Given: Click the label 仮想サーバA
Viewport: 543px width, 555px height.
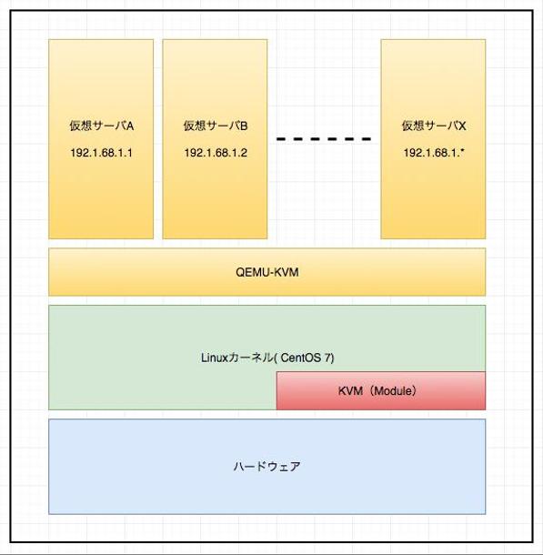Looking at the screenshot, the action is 102,126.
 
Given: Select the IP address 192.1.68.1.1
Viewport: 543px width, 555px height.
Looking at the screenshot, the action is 102,153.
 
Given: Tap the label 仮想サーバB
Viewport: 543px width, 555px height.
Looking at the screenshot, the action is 216,126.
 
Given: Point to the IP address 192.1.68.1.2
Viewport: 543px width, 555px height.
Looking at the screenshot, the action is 216,153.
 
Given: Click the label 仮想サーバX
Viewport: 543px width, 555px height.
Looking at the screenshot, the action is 434,126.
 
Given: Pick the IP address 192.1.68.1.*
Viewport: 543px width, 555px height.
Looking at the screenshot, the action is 434,153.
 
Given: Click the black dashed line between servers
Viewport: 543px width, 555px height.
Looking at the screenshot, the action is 324,139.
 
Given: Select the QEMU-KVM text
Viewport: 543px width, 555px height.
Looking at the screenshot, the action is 267,272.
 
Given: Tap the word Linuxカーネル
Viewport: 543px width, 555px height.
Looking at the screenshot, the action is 237,358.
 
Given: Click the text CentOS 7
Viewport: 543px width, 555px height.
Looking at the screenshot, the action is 306,358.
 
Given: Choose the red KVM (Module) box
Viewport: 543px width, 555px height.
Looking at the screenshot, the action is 381,390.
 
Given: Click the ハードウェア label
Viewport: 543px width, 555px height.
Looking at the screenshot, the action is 267,466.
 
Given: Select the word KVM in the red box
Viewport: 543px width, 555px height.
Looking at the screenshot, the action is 350,390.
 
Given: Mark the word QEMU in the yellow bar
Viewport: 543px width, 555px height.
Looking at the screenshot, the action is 252,272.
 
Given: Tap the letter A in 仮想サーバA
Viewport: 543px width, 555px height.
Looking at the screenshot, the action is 130,126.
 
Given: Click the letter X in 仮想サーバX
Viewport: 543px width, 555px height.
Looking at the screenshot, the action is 462,126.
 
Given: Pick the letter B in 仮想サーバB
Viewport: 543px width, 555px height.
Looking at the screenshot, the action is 244,126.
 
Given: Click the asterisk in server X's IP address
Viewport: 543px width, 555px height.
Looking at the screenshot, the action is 462,151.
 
